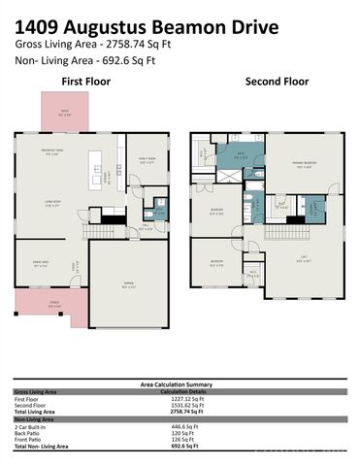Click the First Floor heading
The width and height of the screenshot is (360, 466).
(x=86, y=82)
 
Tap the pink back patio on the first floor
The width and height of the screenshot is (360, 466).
(x=65, y=112)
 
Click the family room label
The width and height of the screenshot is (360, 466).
(x=147, y=162)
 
